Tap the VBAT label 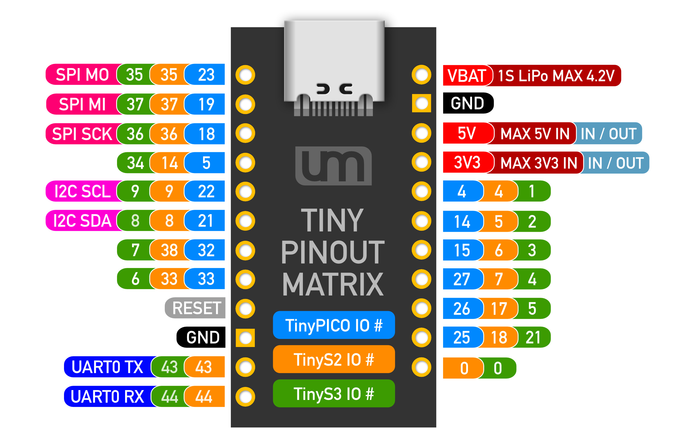[467, 76]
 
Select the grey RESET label [196, 308]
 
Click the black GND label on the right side [467, 103]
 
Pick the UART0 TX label [107, 367]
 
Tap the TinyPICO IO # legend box [334, 325]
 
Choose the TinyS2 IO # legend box [334, 359]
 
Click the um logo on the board [333, 166]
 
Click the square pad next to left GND [245, 338]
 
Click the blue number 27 [462, 279]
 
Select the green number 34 [135, 163]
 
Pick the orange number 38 [169, 250]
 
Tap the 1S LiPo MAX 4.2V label [556, 76]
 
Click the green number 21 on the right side [533, 337]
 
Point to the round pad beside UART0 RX [245, 397]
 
